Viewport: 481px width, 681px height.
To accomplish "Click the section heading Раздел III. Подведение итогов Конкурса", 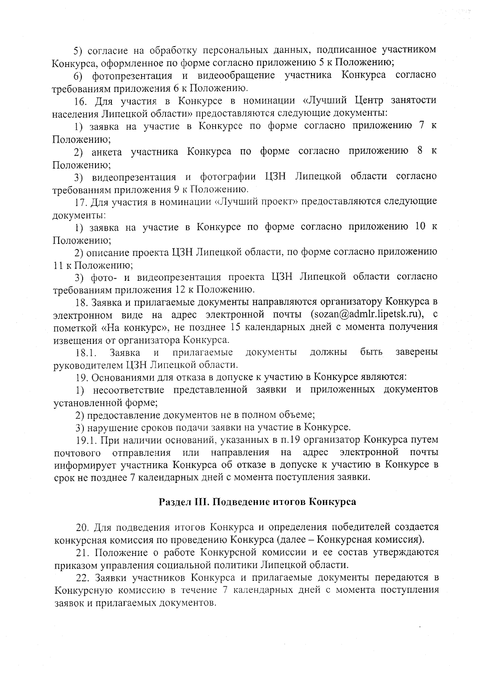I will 257,502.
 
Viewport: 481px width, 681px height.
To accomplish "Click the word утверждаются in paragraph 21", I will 405,553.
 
